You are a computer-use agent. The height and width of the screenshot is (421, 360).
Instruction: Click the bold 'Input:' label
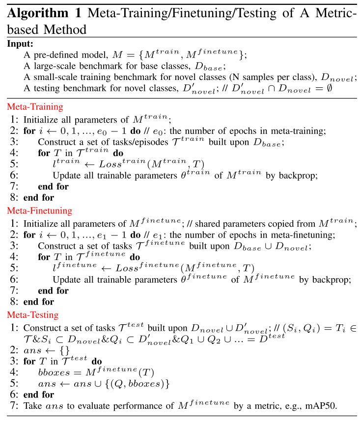pyautogui.click(x=20, y=44)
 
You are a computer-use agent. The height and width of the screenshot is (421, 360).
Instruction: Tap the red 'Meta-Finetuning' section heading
pyautogui.click(x=39, y=210)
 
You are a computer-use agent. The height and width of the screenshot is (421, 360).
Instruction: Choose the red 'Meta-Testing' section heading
pyautogui.click(x=32, y=315)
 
